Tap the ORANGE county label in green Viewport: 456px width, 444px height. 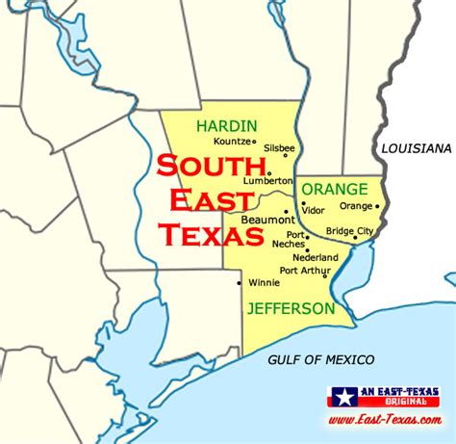point(332,188)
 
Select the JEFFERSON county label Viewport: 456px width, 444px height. point(290,309)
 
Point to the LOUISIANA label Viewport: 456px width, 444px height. point(416,148)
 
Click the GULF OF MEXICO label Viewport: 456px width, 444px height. point(321,359)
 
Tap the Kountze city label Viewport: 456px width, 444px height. point(232,141)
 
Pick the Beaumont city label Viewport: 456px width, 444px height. point(257,220)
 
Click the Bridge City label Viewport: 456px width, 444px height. point(349,231)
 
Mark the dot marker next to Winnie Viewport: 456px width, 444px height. point(240,283)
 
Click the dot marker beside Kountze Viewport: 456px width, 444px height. point(255,141)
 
